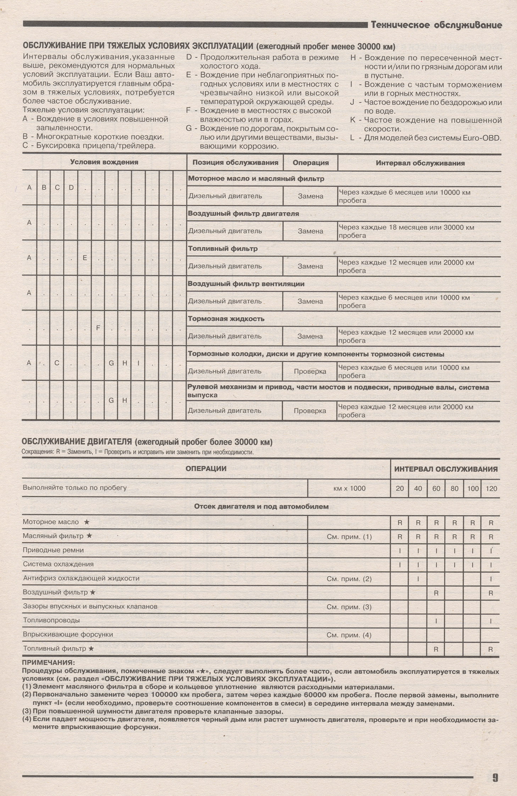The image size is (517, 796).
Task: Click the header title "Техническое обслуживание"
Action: pyautogui.click(x=436, y=25)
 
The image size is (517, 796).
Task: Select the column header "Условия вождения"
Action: pyautogui.click(x=104, y=162)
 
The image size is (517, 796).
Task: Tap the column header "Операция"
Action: pyautogui.click(x=311, y=163)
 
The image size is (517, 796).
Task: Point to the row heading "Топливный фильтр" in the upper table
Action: pyautogui.click(x=223, y=249)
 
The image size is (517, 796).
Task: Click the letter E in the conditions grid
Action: pyautogui.click(x=85, y=258)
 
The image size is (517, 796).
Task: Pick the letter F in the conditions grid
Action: pyautogui.click(x=98, y=328)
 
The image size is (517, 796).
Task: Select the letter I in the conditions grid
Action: pyautogui.click(x=138, y=363)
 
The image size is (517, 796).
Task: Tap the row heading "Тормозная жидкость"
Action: pyautogui.click(x=226, y=318)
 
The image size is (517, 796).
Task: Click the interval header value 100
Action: pyautogui.click(x=473, y=488)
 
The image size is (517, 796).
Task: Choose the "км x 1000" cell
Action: pyautogui.click(x=349, y=488)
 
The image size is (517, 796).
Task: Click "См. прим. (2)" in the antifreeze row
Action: pyautogui.click(x=349, y=579)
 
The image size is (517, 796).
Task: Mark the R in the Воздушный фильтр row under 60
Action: pyautogui.click(x=436, y=593)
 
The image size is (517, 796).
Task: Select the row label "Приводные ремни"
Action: pyautogui.click(x=53, y=550)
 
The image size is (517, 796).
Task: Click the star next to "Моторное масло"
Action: pyautogui.click(x=87, y=522)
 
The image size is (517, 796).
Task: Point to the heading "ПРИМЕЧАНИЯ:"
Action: pyautogui.click(x=48, y=662)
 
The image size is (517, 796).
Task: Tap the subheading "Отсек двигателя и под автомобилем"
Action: pyautogui.click(x=261, y=506)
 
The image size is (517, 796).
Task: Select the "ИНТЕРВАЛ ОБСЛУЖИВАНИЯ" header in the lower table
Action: pyautogui.click(x=446, y=469)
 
